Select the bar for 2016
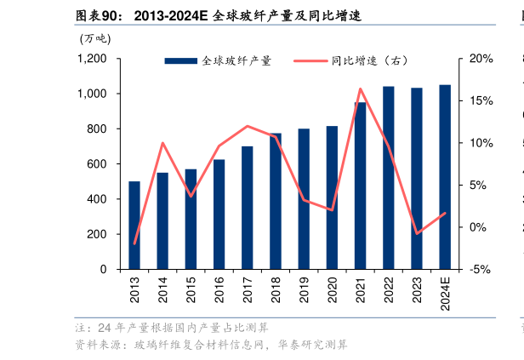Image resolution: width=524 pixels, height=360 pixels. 219,214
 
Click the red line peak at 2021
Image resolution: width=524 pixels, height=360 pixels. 360,89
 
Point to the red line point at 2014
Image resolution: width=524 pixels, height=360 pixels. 162,143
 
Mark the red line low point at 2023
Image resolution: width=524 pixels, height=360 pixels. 417,233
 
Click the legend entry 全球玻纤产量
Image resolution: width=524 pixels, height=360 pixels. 218,61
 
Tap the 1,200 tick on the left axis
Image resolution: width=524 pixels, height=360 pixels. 92,59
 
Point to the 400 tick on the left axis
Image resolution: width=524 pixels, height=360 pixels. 97,199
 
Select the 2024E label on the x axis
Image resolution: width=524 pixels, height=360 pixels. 445,295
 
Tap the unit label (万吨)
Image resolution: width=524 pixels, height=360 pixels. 94,38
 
